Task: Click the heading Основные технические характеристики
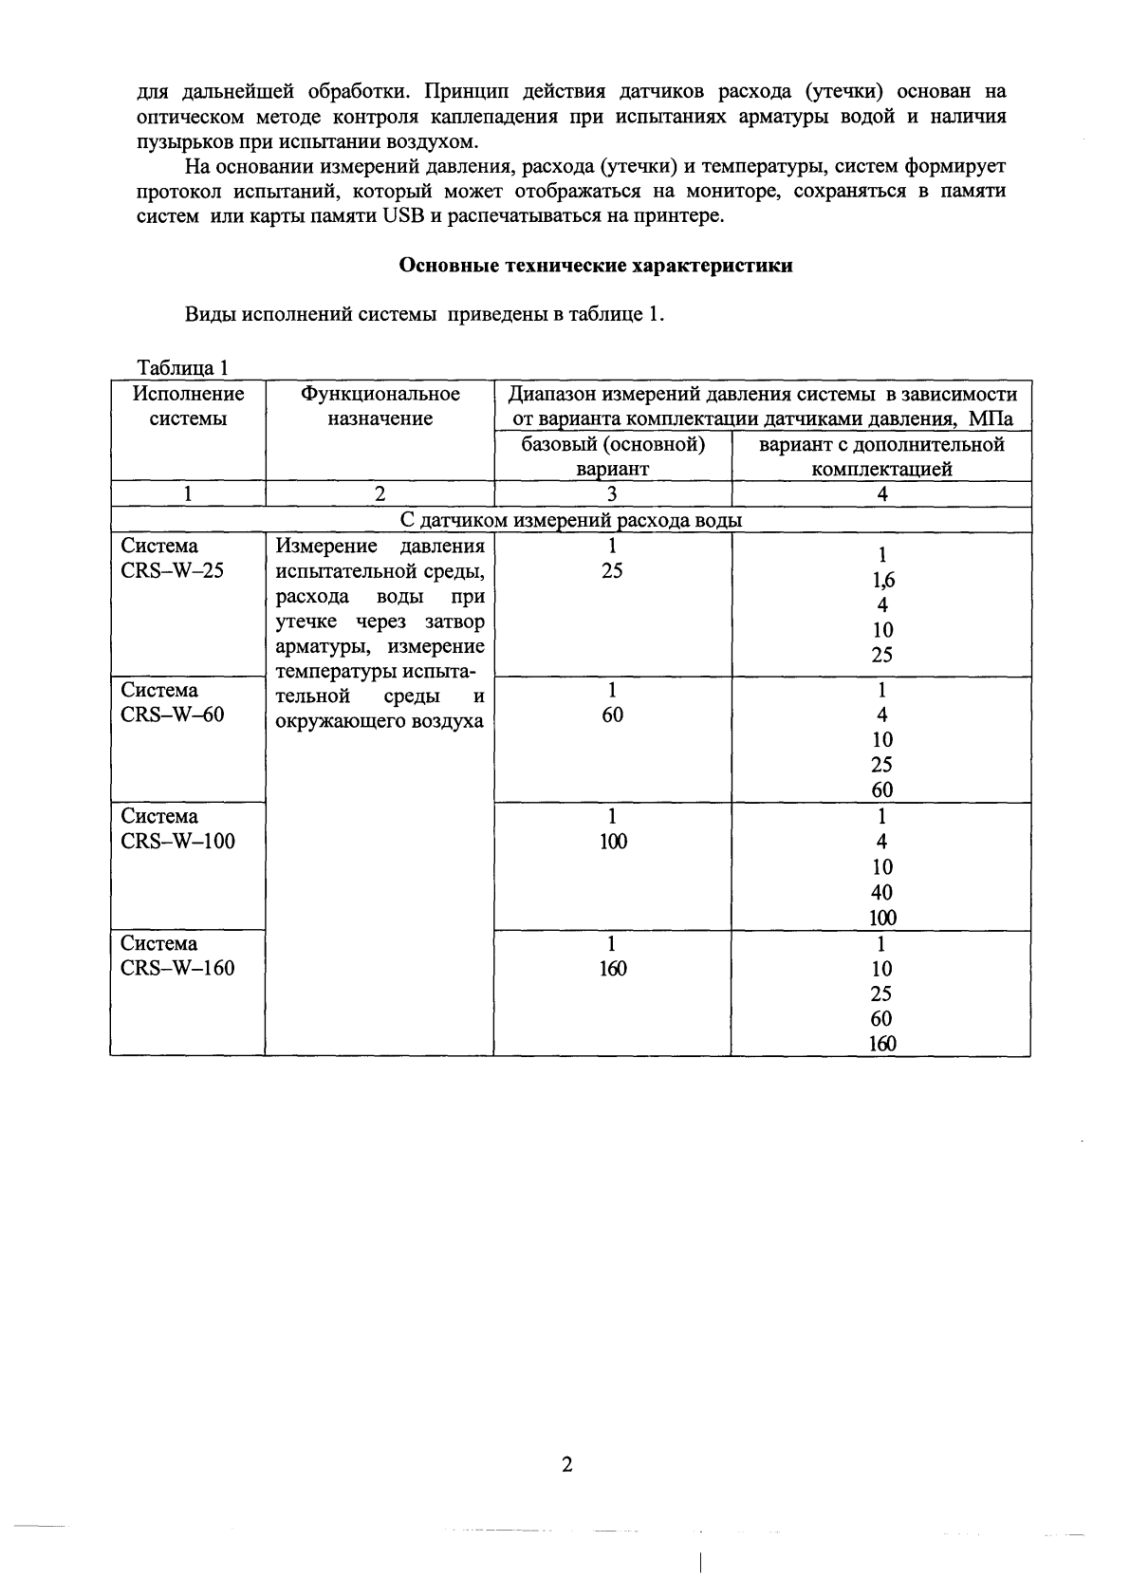595,267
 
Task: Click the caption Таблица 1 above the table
183,368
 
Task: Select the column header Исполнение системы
188,406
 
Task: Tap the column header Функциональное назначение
380,406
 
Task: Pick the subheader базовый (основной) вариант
613,456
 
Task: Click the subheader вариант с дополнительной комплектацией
881,456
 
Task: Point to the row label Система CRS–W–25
173,559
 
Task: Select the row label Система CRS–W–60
173,703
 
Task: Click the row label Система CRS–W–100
177,829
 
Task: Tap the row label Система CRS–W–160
177,956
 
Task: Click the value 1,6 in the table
882,581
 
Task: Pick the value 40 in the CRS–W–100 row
881,893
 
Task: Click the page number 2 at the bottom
566,1466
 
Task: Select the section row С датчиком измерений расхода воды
570,520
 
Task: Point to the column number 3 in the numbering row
612,494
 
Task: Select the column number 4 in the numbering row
881,494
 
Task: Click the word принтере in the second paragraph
685,215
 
